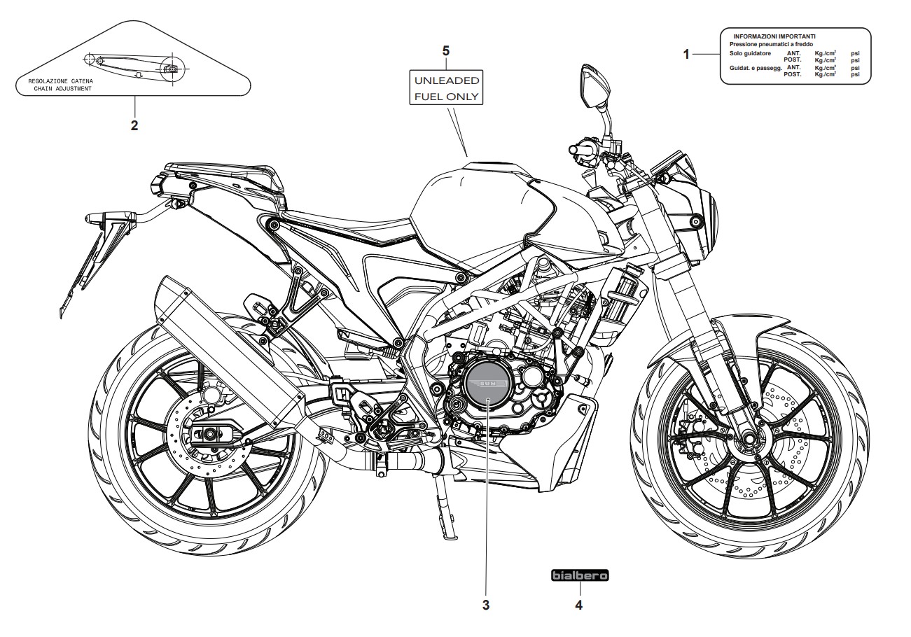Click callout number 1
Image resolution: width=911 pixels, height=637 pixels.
click(687, 54)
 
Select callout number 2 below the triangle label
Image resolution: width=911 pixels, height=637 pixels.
click(134, 126)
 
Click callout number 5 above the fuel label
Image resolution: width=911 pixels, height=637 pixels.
click(446, 50)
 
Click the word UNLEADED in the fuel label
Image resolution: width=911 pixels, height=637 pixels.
click(446, 80)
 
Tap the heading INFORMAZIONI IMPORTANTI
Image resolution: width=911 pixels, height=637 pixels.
click(774, 36)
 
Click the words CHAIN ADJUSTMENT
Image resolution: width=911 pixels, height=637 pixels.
click(62, 89)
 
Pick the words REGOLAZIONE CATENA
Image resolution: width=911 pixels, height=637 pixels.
click(60, 81)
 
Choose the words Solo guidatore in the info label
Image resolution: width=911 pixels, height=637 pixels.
click(749, 53)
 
